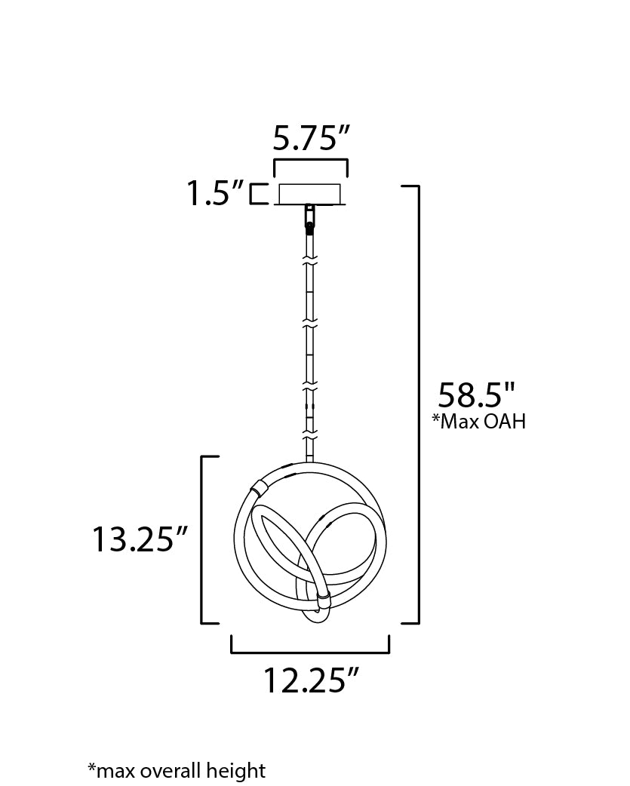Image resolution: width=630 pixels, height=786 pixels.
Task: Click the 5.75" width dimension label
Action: [311, 138]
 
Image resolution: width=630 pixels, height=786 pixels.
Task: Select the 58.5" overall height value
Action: [477, 395]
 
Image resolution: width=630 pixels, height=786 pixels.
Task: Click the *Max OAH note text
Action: [479, 422]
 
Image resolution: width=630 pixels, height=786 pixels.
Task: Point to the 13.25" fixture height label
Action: [140, 539]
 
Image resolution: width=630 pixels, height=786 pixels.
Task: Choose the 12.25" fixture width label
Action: [312, 680]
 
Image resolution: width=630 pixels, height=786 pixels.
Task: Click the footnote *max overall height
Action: [177, 770]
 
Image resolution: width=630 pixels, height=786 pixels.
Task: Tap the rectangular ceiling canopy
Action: [310, 195]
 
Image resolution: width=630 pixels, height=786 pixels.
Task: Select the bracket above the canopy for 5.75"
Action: [311, 161]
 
